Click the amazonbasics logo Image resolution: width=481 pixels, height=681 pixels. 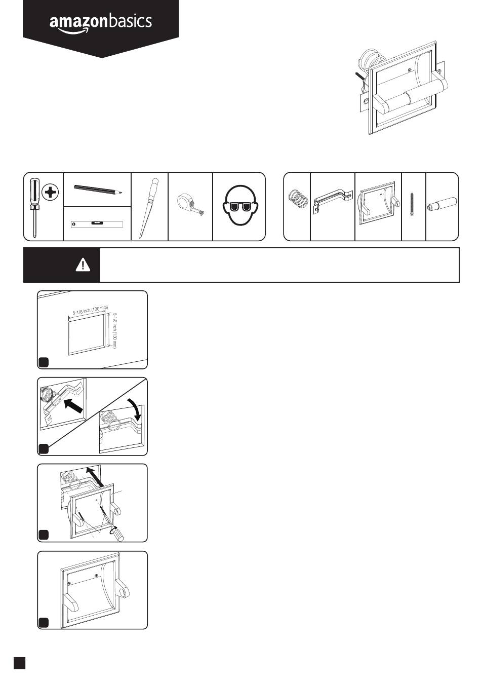pyautogui.click(x=100, y=23)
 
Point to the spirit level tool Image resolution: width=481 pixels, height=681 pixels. pyautogui.click(x=97, y=223)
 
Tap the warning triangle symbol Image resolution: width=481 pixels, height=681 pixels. pyautogui.click(x=83, y=264)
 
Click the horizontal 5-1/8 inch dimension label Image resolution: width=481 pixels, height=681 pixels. pyautogui.click(x=90, y=310)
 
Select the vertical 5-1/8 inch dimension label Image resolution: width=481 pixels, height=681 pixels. pyautogui.click(x=115, y=330)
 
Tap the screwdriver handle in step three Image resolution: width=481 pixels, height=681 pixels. pyautogui.click(x=117, y=534)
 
